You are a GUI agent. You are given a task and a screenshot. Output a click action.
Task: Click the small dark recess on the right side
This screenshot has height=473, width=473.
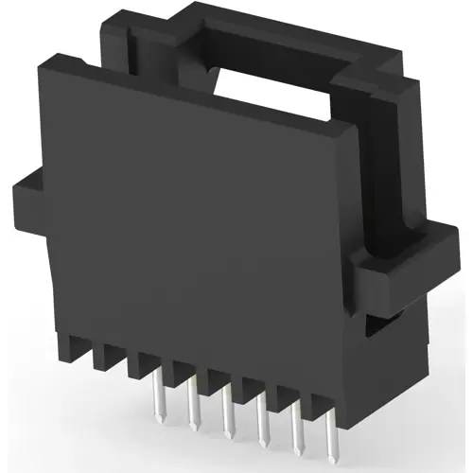[376, 327]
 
